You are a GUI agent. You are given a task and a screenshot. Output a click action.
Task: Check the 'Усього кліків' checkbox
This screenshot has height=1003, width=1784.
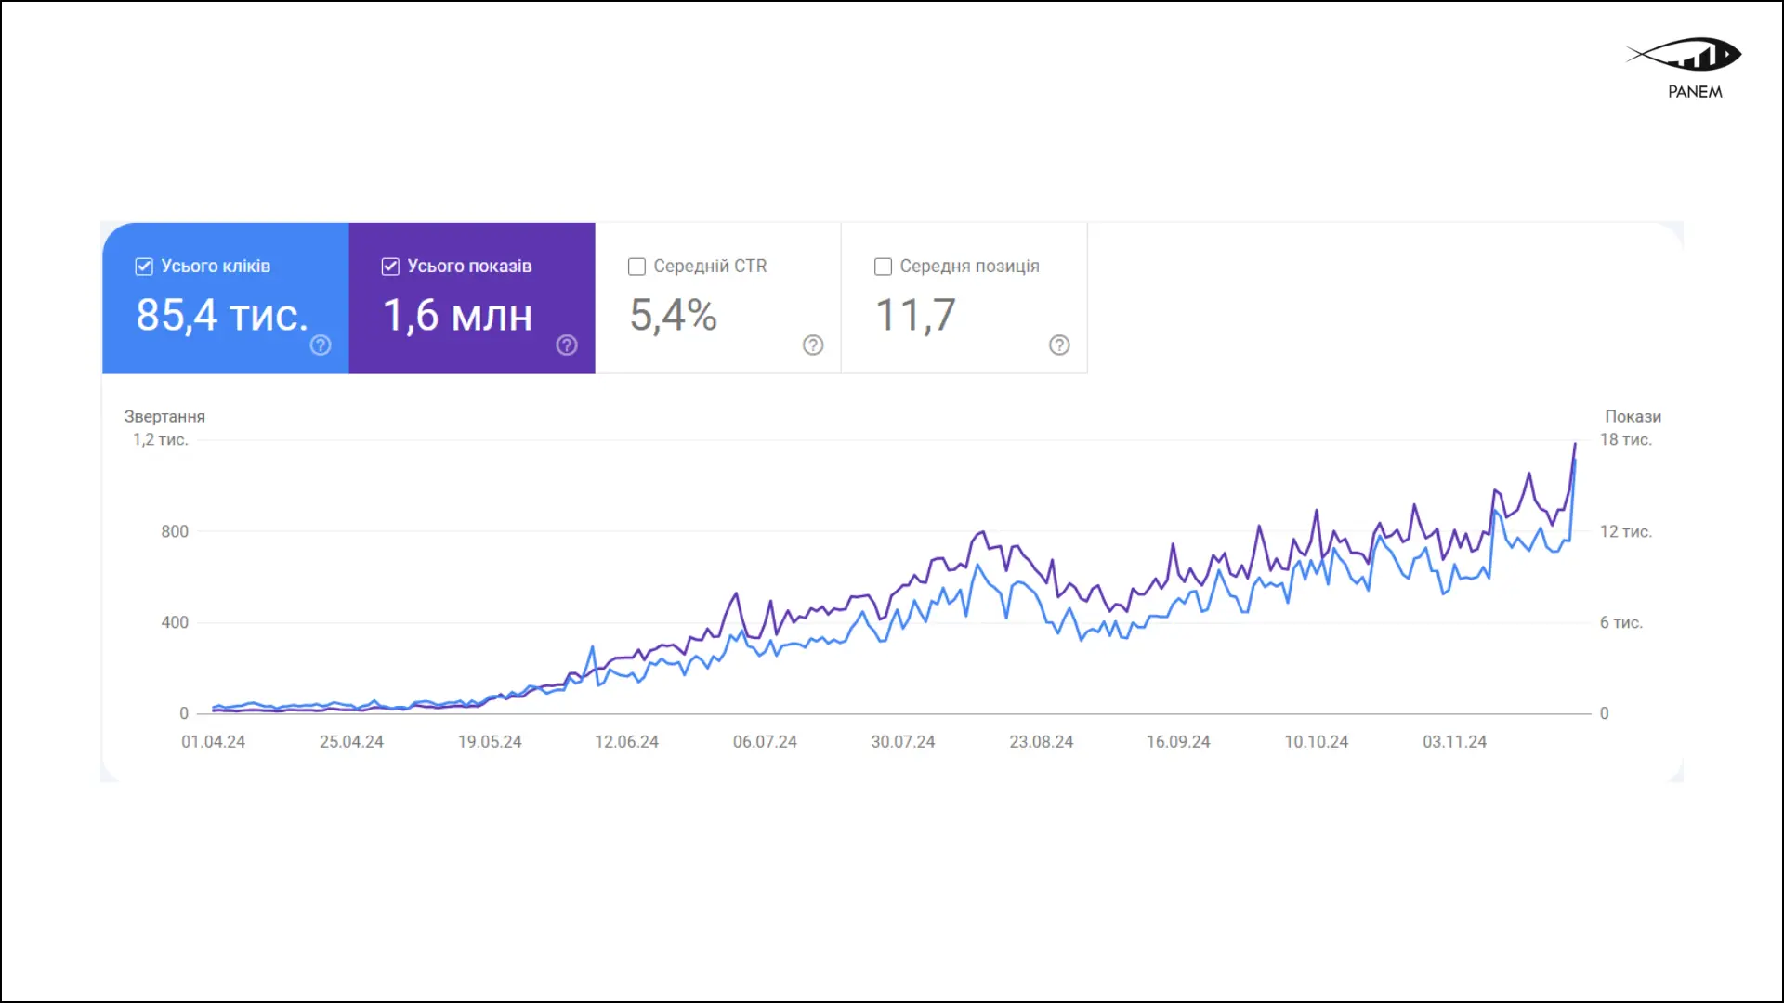[144, 267]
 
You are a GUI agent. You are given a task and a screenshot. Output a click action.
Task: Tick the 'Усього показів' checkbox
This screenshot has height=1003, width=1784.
[390, 267]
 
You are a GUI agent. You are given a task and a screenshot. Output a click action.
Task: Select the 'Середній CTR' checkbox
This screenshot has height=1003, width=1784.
[636, 267]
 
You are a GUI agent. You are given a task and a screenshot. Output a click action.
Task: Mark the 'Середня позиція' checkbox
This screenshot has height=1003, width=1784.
[883, 267]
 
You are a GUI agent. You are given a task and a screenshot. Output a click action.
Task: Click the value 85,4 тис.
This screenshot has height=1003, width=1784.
[221, 316]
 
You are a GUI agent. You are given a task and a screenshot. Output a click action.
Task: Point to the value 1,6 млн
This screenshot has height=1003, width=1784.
[457, 316]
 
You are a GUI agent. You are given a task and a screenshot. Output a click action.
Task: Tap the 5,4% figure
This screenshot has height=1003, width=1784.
[673, 316]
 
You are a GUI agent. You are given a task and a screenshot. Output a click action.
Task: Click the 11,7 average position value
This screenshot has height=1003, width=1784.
[915, 316]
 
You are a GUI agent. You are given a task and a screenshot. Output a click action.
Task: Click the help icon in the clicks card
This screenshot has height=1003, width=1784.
[321, 345]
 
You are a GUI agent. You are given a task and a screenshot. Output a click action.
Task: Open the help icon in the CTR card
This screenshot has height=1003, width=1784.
[813, 345]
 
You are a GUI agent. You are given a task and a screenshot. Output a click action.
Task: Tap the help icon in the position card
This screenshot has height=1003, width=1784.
[1059, 345]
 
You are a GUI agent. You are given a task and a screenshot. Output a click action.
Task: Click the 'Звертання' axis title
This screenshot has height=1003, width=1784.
[164, 417]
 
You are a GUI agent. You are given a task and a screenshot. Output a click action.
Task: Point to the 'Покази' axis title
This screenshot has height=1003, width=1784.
[1633, 417]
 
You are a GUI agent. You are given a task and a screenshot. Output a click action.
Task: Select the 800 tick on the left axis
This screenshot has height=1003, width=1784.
[175, 531]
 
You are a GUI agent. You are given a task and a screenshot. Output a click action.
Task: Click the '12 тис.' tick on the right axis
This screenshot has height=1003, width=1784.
[1625, 531]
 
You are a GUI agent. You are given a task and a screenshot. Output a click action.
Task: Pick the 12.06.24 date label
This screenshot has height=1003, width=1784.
[626, 742]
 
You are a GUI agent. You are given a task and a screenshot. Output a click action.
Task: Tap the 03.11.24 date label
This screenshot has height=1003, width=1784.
[1454, 742]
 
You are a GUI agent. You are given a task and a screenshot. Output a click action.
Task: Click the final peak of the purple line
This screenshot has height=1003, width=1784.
[1575, 445]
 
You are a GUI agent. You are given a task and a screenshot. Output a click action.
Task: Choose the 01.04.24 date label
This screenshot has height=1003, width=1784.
[213, 742]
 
